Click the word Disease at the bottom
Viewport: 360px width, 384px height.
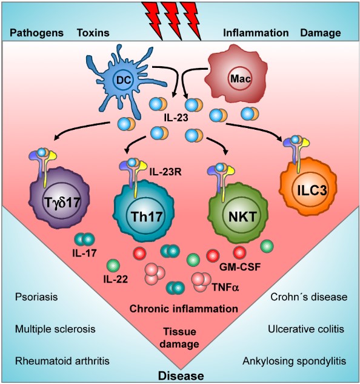[180, 376]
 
